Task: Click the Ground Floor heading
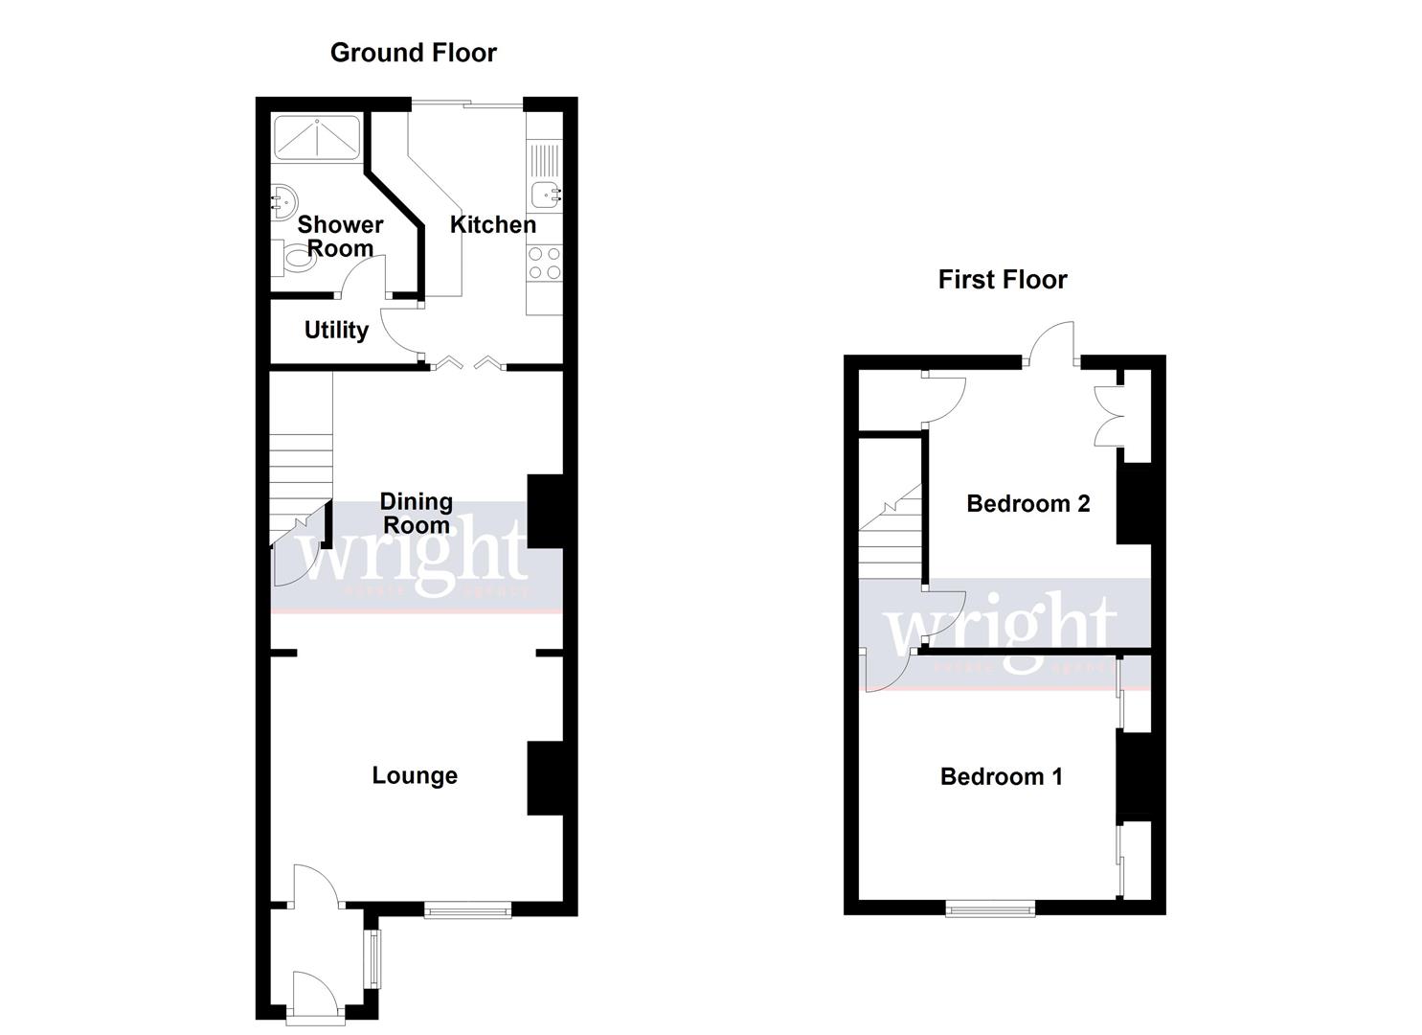pos(413,53)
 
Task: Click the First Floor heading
pos(1002,280)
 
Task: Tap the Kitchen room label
pos(492,225)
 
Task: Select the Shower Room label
pos(340,237)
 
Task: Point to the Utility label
pos(336,331)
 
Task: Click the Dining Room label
pos(416,514)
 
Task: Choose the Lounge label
pos(415,775)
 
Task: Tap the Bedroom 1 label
pos(1001,776)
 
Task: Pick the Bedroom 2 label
pos(1027,504)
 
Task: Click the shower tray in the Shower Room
pos(318,138)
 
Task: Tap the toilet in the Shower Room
pos(290,257)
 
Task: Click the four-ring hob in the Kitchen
pos(545,264)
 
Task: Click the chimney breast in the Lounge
pos(545,778)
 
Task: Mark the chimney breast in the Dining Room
pos(545,512)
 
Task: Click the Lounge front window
pos(467,910)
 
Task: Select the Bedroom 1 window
pos(990,908)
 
